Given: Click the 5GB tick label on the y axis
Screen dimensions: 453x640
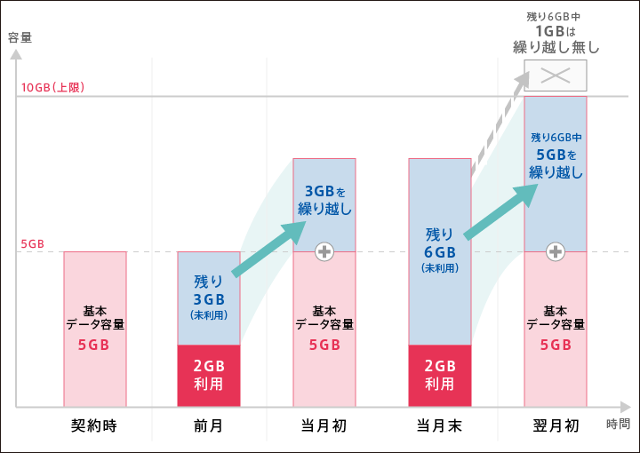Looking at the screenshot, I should coord(32,243).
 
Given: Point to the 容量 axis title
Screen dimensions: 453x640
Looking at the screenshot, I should coord(20,37).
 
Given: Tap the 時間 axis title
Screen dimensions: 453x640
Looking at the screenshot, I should coord(619,424).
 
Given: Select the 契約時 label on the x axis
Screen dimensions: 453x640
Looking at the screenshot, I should coord(94,425).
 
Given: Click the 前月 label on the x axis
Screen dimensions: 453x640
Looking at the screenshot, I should coord(208,425).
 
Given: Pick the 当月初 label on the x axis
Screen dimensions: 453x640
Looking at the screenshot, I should coord(324,425).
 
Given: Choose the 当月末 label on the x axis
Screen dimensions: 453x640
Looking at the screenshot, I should coord(439,425).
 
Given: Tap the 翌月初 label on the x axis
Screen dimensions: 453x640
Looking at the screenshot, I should coord(556,425).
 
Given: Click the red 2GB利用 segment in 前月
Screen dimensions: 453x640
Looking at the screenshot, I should coord(209,375).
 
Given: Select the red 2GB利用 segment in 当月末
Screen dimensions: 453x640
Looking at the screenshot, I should coord(439,375).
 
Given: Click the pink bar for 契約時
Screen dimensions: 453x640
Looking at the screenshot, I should coord(95,329).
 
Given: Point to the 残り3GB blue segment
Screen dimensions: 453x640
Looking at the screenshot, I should coord(209,298).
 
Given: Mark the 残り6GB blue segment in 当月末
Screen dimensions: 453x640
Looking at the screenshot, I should coord(439,250).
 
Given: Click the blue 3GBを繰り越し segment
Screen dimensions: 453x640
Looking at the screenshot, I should coord(324,203).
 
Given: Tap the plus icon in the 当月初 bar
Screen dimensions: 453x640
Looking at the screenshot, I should coord(324,251).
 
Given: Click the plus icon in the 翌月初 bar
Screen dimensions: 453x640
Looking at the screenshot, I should coord(556,251).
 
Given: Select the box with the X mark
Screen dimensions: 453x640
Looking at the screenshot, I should coord(556,75).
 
